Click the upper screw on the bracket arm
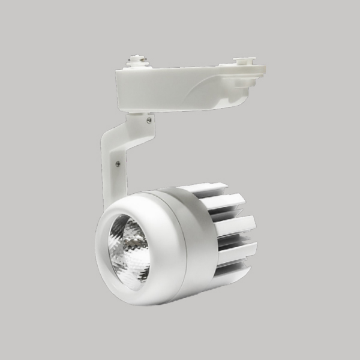click(149, 120)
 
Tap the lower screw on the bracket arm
click(118, 163)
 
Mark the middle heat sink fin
click(235, 225)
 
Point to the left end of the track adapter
click(120, 90)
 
